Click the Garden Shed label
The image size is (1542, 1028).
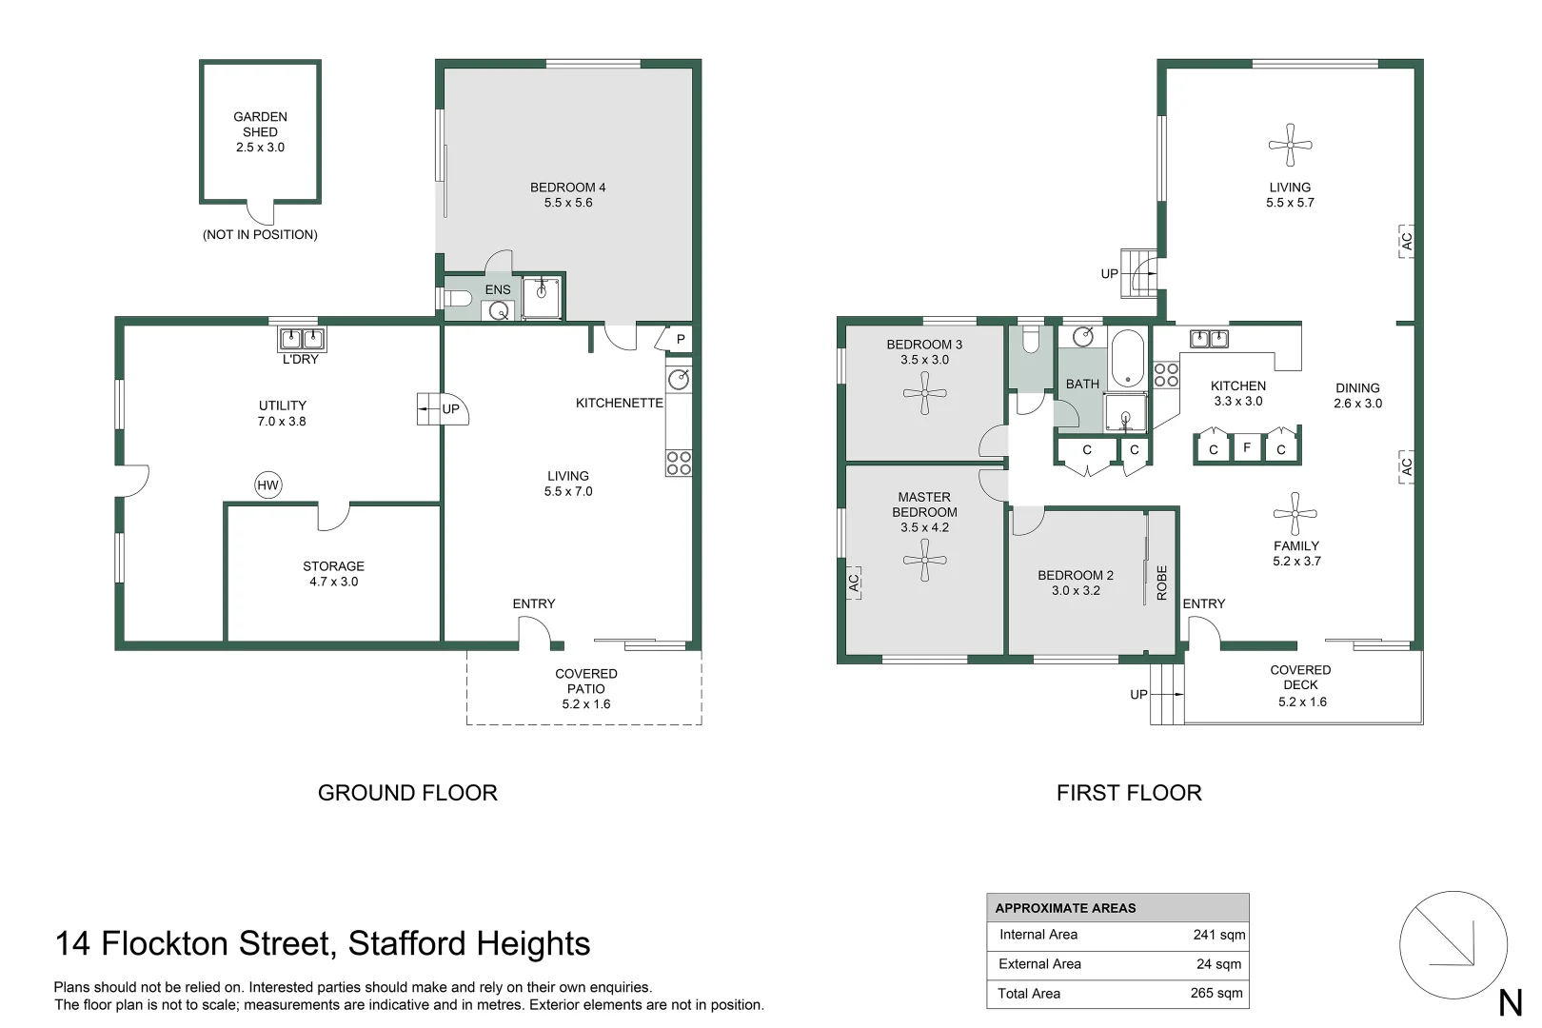click(x=260, y=124)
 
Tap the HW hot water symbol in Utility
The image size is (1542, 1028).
click(x=267, y=484)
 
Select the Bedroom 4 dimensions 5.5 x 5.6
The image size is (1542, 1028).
click(x=568, y=203)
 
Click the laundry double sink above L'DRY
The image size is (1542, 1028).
click(x=302, y=339)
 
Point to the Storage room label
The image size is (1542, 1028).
click(x=333, y=566)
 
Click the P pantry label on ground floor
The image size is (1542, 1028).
click(x=681, y=339)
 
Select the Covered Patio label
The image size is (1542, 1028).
click(x=585, y=681)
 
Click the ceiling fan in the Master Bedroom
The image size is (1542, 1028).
click(x=924, y=560)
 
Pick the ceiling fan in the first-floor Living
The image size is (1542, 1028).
click(x=1290, y=145)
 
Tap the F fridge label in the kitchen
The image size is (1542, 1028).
click(x=1247, y=448)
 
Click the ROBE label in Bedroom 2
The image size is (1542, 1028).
click(x=1162, y=583)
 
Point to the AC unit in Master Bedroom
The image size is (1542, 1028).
click(x=854, y=583)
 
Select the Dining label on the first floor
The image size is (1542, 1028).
click(x=1357, y=387)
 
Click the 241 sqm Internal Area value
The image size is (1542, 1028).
click(x=1218, y=935)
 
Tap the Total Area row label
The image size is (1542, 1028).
click(x=1028, y=993)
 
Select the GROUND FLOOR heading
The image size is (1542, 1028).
click(x=407, y=793)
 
